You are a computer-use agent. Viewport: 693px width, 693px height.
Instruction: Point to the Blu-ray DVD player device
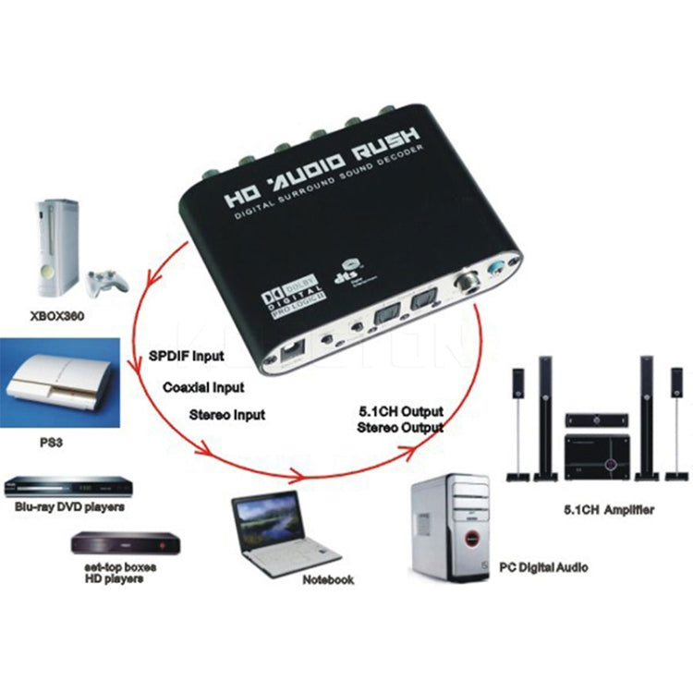click(64, 485)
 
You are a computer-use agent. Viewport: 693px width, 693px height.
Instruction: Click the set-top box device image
click(125, 543)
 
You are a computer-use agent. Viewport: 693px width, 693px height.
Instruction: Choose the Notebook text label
click(327, 579)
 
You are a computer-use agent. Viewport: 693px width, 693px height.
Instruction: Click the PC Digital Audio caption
click(542, 567)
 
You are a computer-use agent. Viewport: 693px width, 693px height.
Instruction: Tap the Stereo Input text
click(225, 415)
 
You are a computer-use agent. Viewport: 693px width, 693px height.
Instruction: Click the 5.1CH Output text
click(400, 410)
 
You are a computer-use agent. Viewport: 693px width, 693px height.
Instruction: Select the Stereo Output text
click(400, 428)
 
